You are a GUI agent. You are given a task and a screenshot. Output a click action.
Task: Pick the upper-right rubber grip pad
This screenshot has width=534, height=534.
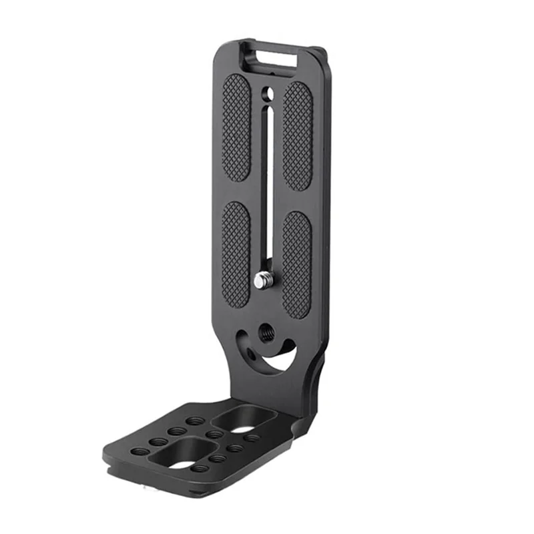[297, 136]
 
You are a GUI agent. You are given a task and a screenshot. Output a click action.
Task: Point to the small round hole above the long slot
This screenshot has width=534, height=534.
[267, 92]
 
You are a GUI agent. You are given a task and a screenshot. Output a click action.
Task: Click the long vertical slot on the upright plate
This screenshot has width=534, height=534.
[266, 187]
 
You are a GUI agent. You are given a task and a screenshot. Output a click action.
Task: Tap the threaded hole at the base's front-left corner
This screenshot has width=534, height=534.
[140, 451]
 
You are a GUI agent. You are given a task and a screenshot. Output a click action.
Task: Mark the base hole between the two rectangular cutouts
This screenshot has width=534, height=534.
[214, 435]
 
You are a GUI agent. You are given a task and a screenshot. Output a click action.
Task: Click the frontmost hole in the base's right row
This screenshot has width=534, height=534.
[215, 459]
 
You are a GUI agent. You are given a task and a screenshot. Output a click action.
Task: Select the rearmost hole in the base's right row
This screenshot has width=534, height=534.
[252, 438]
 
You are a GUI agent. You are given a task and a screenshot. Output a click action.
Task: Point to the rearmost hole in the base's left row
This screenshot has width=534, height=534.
[196, 421]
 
